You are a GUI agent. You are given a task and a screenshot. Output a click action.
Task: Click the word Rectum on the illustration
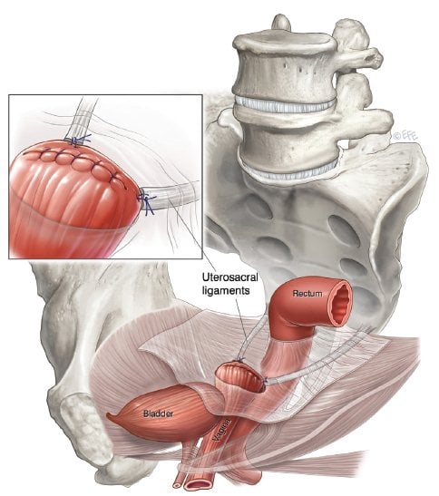pos(307,294)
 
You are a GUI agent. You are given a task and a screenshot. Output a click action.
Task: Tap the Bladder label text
pos(158,413)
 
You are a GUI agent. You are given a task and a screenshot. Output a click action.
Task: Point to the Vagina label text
pos(220,429)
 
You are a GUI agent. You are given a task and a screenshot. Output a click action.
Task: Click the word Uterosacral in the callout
pos(230,277)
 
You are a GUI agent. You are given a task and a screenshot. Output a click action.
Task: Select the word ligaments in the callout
pos(226,290)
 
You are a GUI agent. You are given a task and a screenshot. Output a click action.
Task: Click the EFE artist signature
pos(405,136)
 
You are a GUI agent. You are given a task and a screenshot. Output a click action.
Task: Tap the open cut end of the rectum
pos(339,303)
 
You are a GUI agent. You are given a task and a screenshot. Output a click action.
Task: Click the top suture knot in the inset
pos(78,140)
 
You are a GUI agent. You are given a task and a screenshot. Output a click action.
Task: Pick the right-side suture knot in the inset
pos(146,201)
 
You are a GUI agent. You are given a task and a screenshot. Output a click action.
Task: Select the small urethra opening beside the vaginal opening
pos(178,484)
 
